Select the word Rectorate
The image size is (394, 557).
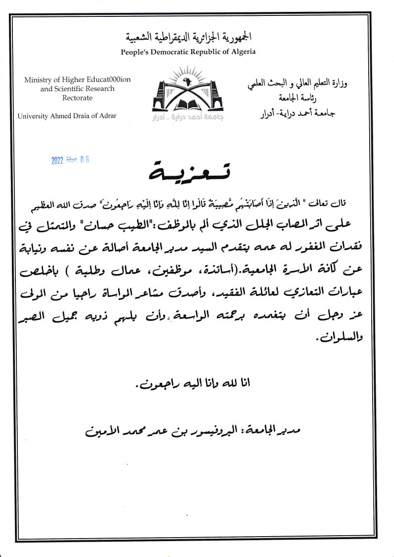coord(70,98)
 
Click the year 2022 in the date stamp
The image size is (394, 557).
coord(58,160)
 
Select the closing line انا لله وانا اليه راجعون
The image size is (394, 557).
coord(191,383)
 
